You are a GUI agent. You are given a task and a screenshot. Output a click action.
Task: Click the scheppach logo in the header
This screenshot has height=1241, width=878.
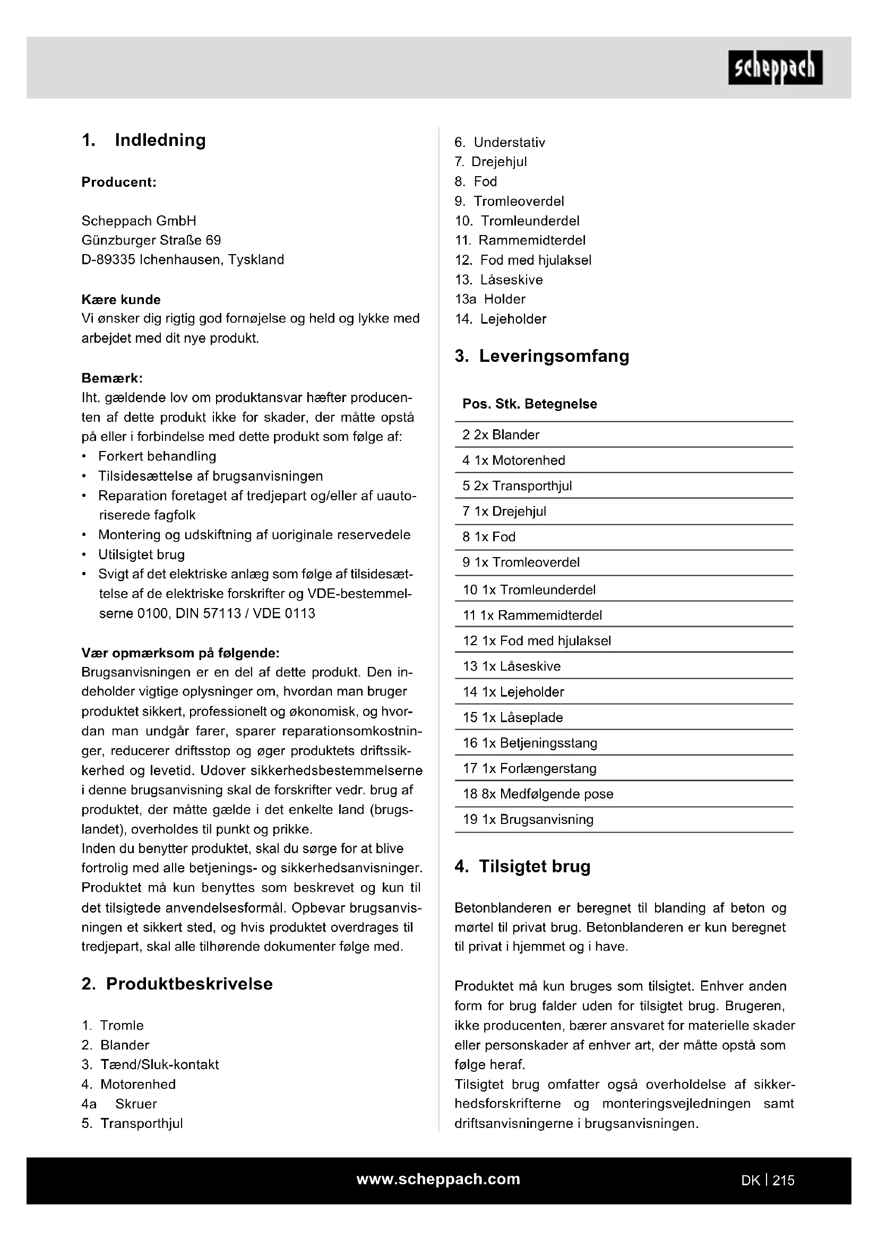click(774, 67)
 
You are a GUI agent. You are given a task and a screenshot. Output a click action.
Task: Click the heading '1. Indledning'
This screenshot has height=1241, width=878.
click(144, 140)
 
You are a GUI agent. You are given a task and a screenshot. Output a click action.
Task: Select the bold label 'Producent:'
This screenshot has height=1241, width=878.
click(119, 182)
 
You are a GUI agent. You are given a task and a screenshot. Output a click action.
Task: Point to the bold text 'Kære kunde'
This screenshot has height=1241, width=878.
click(121, 299)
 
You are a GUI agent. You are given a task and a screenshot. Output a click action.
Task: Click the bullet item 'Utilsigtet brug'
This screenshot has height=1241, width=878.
click(141, 554)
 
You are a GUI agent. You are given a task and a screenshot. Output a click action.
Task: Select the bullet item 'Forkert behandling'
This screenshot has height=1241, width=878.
click(157, 456)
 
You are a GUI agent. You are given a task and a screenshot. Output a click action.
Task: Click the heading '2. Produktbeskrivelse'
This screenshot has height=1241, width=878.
click(177, 984)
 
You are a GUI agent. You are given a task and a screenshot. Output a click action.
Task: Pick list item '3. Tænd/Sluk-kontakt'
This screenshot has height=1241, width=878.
click(150, 1064)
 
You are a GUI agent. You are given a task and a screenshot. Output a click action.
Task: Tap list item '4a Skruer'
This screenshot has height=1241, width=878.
click(119, 1104)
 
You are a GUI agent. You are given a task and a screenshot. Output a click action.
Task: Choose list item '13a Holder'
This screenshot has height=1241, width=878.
click(490, 299)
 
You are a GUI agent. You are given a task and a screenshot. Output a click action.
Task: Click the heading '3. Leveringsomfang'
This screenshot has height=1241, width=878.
click(542, 356)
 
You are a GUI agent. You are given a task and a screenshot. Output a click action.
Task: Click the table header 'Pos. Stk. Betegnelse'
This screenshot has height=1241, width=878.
click(529, 404)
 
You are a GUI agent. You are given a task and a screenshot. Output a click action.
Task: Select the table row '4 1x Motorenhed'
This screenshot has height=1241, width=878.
click(514, 460)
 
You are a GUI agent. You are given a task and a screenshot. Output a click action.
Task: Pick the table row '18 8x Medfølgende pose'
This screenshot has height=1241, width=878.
click(538, 794)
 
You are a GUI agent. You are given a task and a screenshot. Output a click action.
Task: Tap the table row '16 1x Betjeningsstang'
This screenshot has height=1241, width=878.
click(530, 743)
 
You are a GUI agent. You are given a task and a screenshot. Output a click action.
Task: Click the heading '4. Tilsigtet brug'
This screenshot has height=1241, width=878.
click(522, 866)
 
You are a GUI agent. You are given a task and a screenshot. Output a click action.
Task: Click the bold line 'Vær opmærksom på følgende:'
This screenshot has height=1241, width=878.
click(180, 653)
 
